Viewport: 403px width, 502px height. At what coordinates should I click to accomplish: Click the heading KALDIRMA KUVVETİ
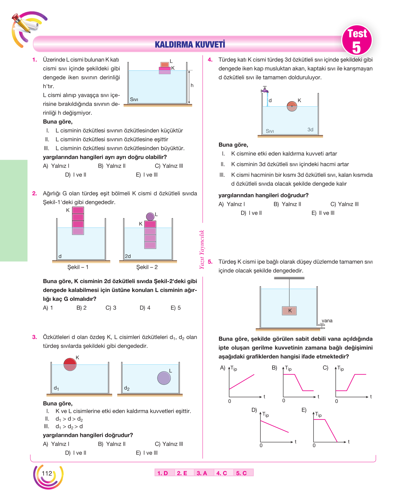point(190,44)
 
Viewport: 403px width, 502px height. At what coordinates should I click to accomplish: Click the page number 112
point(47,473)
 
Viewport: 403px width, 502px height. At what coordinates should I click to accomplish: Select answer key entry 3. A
point(202,473)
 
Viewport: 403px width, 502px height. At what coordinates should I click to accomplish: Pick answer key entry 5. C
point(241,473)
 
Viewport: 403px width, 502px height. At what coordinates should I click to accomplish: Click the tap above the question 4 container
point(265,89)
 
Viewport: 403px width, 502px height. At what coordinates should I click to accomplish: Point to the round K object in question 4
point(292,106)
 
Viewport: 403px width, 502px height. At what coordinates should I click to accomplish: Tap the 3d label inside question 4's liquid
point(310,129)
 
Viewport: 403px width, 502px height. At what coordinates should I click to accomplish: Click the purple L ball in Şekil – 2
point(150,216)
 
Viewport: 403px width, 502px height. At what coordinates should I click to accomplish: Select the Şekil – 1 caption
point(78,267)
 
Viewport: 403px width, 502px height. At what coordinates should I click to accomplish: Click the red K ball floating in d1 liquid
point(70,364)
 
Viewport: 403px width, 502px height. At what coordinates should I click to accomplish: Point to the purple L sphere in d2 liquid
point(164,378)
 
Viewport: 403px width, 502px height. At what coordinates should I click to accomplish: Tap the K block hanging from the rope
point(289,311)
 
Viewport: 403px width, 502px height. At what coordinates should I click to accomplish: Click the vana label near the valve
point(327,320)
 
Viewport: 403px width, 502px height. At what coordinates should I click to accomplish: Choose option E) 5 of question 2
point(175,308)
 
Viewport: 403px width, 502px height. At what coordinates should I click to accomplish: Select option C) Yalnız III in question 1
point(169,166)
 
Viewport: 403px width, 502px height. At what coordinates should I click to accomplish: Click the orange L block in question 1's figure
point(165,65)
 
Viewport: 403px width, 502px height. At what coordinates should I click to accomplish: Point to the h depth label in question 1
point(192,85)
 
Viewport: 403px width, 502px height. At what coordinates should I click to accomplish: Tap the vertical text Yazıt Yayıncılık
point(202,249)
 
